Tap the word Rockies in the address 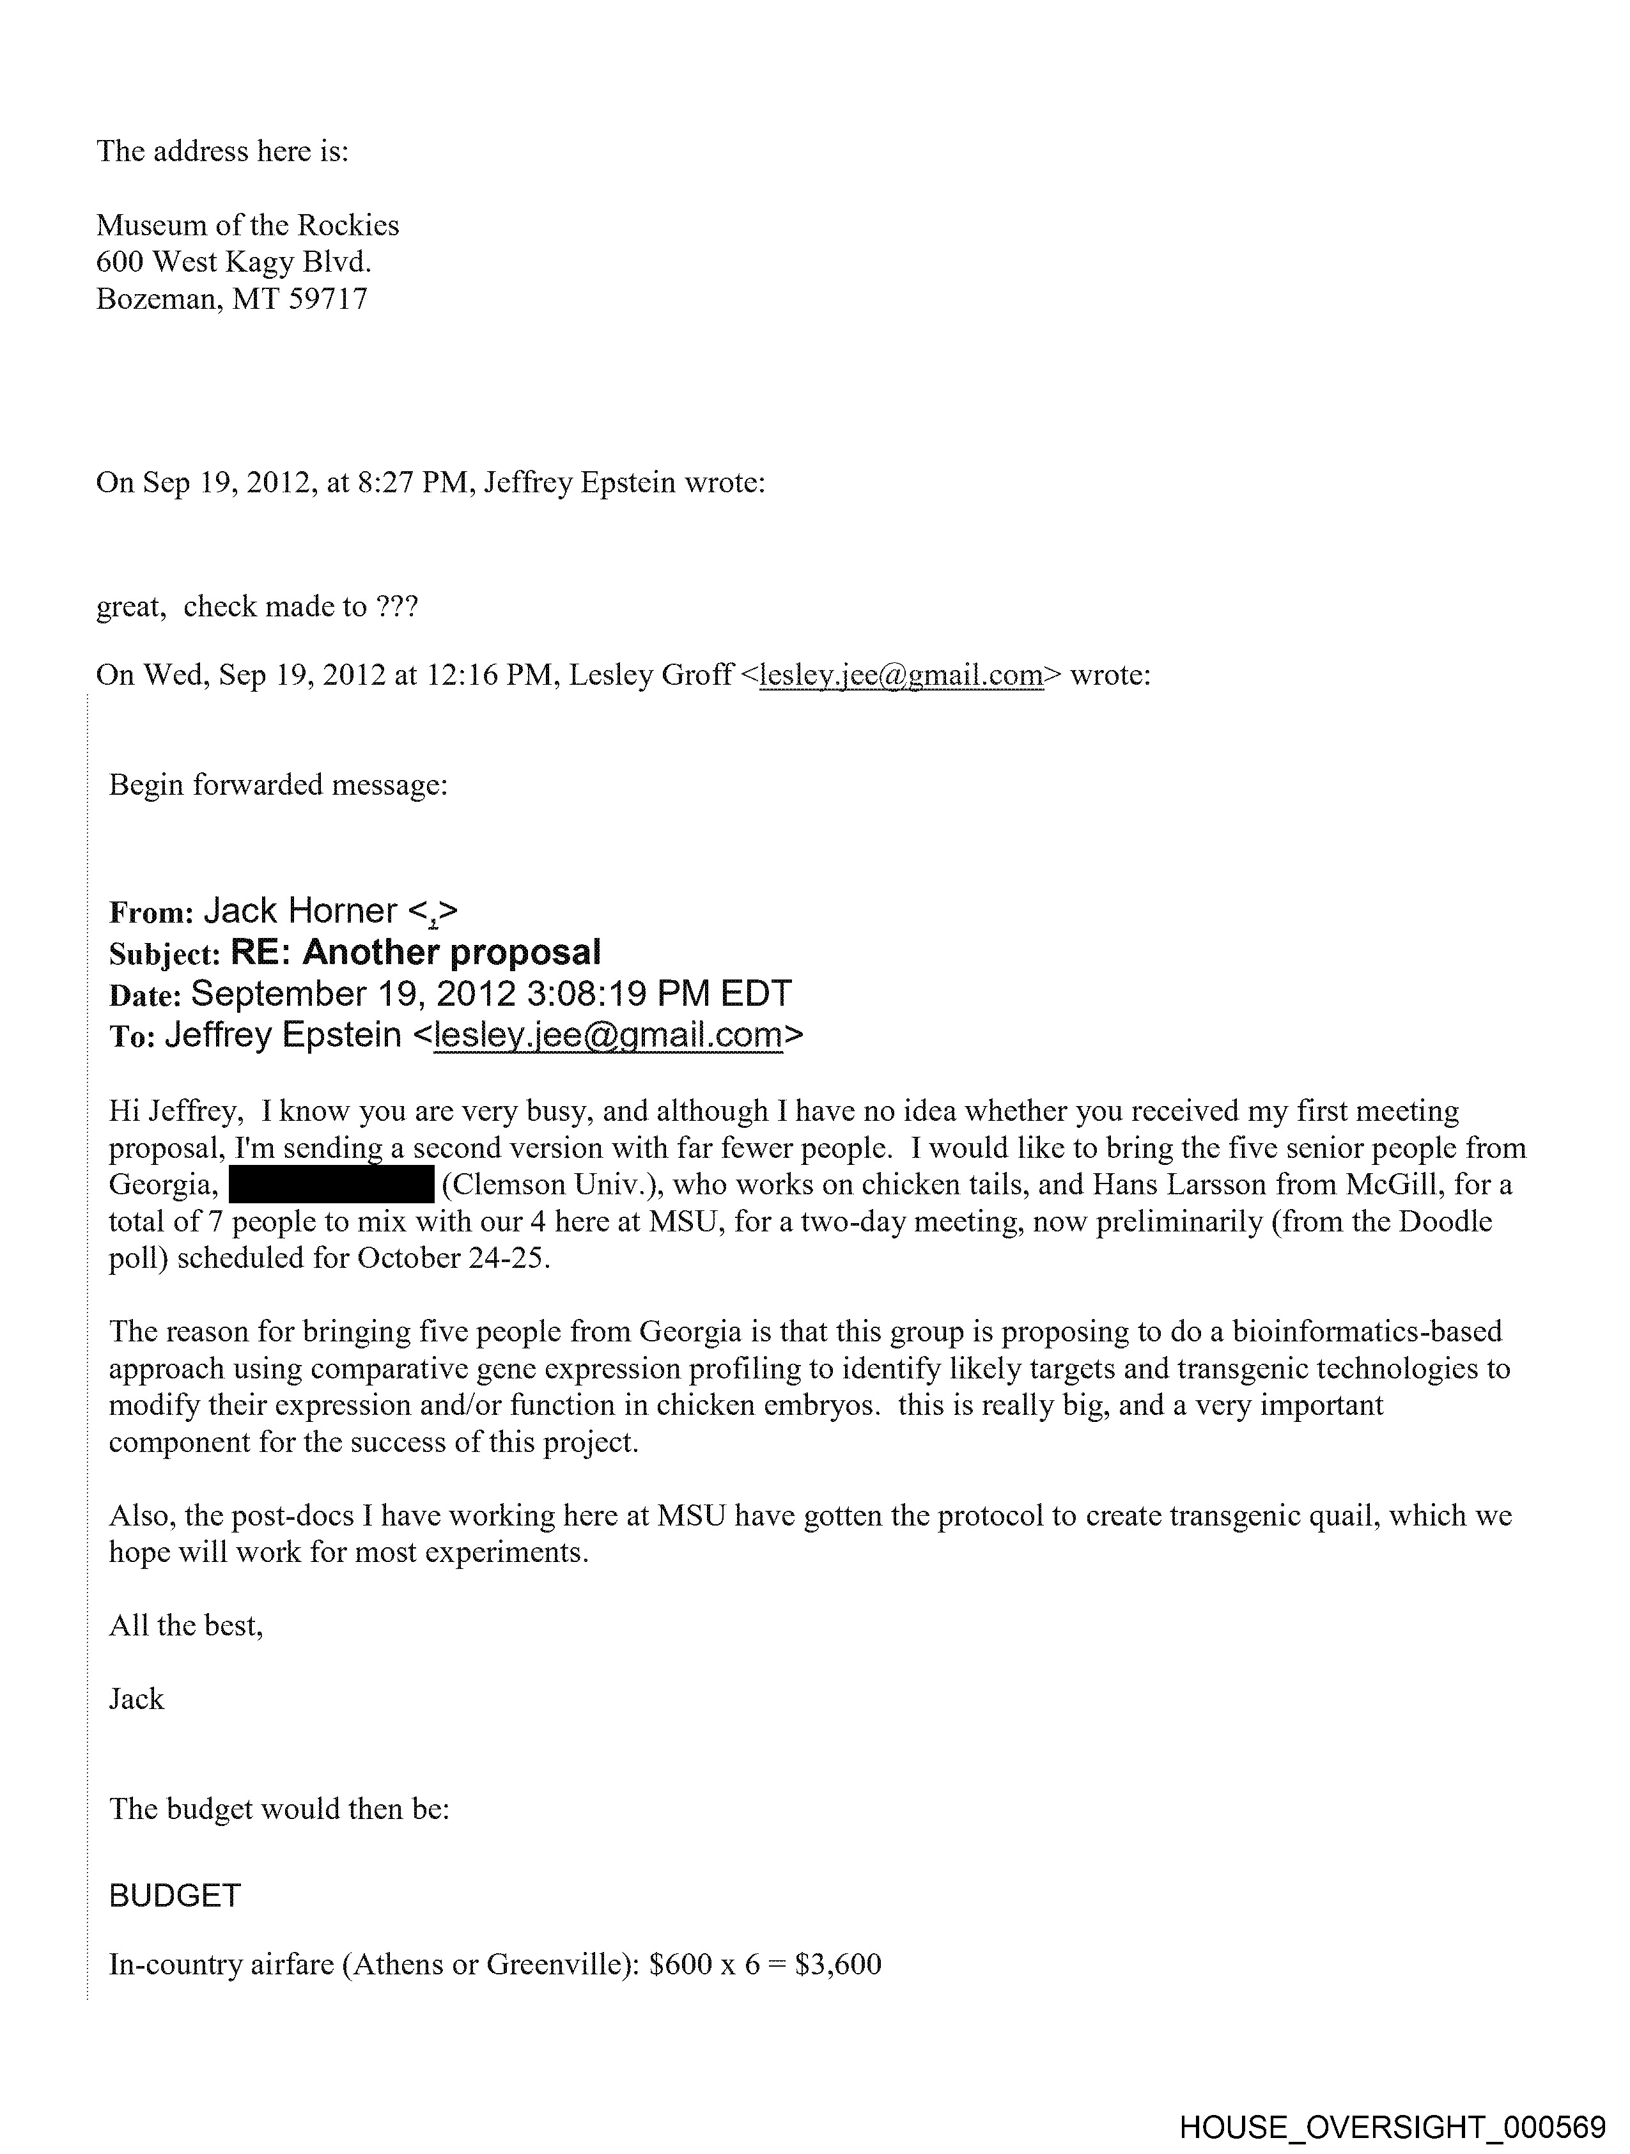348,226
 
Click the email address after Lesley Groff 901,675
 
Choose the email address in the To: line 609,1035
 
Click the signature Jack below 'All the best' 136,1699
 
